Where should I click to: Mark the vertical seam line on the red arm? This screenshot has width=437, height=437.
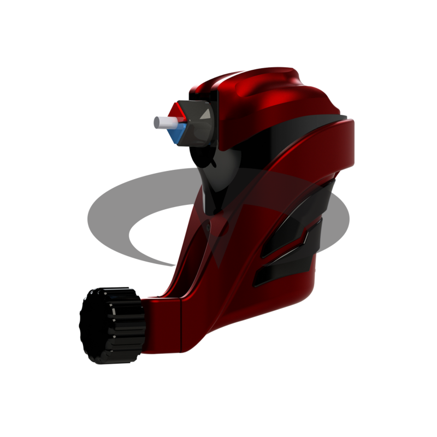[181, 325]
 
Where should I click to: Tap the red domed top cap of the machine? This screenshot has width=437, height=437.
[257, 90]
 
